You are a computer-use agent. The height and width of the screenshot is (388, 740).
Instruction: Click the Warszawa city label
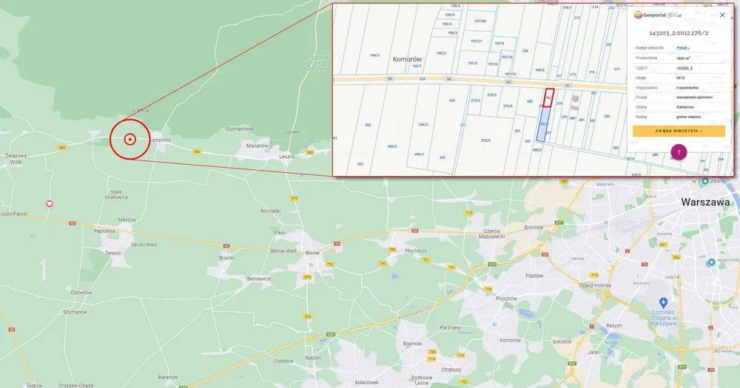pyautogui.click(x=705, y=202)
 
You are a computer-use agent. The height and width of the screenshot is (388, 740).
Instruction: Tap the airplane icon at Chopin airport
pyautogui.click(x=663, y=302)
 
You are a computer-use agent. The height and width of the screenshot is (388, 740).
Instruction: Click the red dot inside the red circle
pyautogui.click(x=129, y=139)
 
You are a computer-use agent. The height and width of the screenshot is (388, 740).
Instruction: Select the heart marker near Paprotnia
pyautogui.click(x=50, y=203)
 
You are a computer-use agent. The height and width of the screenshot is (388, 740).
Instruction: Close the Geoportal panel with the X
pyautogui.click(x=722, y=15)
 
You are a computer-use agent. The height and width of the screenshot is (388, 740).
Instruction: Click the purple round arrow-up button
pyautogui.click(x=679, y=152)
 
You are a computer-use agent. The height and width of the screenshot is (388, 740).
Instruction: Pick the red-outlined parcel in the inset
pyautogui.click(x=548, y=98)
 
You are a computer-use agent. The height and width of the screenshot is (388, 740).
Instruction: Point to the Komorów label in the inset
pyautogui.click(x=407, y=59)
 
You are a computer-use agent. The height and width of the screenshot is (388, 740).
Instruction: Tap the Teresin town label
pyautogui.click(x=113, y=253)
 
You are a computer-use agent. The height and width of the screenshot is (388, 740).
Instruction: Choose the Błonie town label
pyautogui.click(x=312, y=253)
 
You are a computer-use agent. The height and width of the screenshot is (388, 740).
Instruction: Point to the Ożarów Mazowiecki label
pyautogui.click(x=491, y=233)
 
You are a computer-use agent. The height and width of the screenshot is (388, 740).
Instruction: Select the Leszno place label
pyautogui.click(x=286, y=156)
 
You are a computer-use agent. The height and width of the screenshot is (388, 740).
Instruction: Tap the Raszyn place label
pyautogui.click(x=613, y=325)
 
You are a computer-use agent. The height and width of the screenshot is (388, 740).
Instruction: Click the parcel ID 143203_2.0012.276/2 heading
pyautogui.click(x=679, y=33)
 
